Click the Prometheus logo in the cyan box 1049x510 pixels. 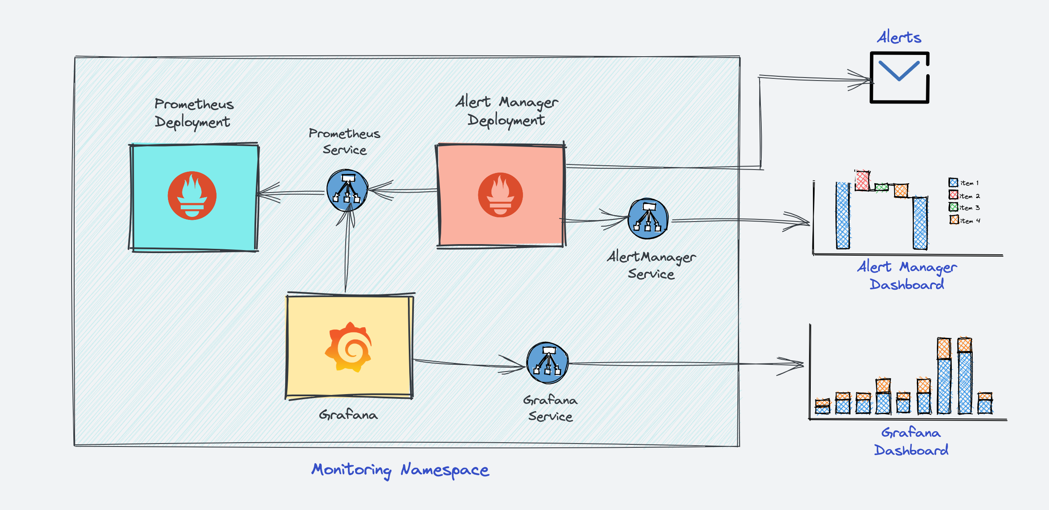coord(192,196)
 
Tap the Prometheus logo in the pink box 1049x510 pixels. coord(500,195)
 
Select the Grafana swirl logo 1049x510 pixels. coord(348,347)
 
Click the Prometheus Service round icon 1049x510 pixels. coord(347,190)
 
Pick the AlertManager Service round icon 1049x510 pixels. coord(648,219)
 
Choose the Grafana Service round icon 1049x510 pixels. coord(547,363)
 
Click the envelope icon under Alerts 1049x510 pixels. coord(899,78)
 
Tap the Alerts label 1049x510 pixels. coord(899,37)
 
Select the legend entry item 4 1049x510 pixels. coord(965,220)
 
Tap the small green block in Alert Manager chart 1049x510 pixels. coord(881,187)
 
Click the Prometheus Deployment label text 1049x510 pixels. coord(194,113)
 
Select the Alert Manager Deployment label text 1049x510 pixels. coord(506,111)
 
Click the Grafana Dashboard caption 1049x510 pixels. coord(911,441)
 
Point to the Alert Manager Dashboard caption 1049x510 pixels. coord(907,276)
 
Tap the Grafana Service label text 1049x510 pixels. coord(550,408)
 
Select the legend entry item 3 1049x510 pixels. coord(964,207)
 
